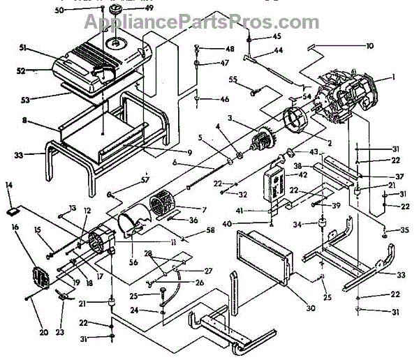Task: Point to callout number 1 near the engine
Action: point(393,77)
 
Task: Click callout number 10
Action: point(369,45)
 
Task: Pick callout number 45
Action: point(277,36)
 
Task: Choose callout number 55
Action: point(233,80)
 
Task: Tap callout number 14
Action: point(9,185)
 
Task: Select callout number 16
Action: point(15,227)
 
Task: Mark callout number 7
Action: point(204,209)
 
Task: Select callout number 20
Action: point(44,333)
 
